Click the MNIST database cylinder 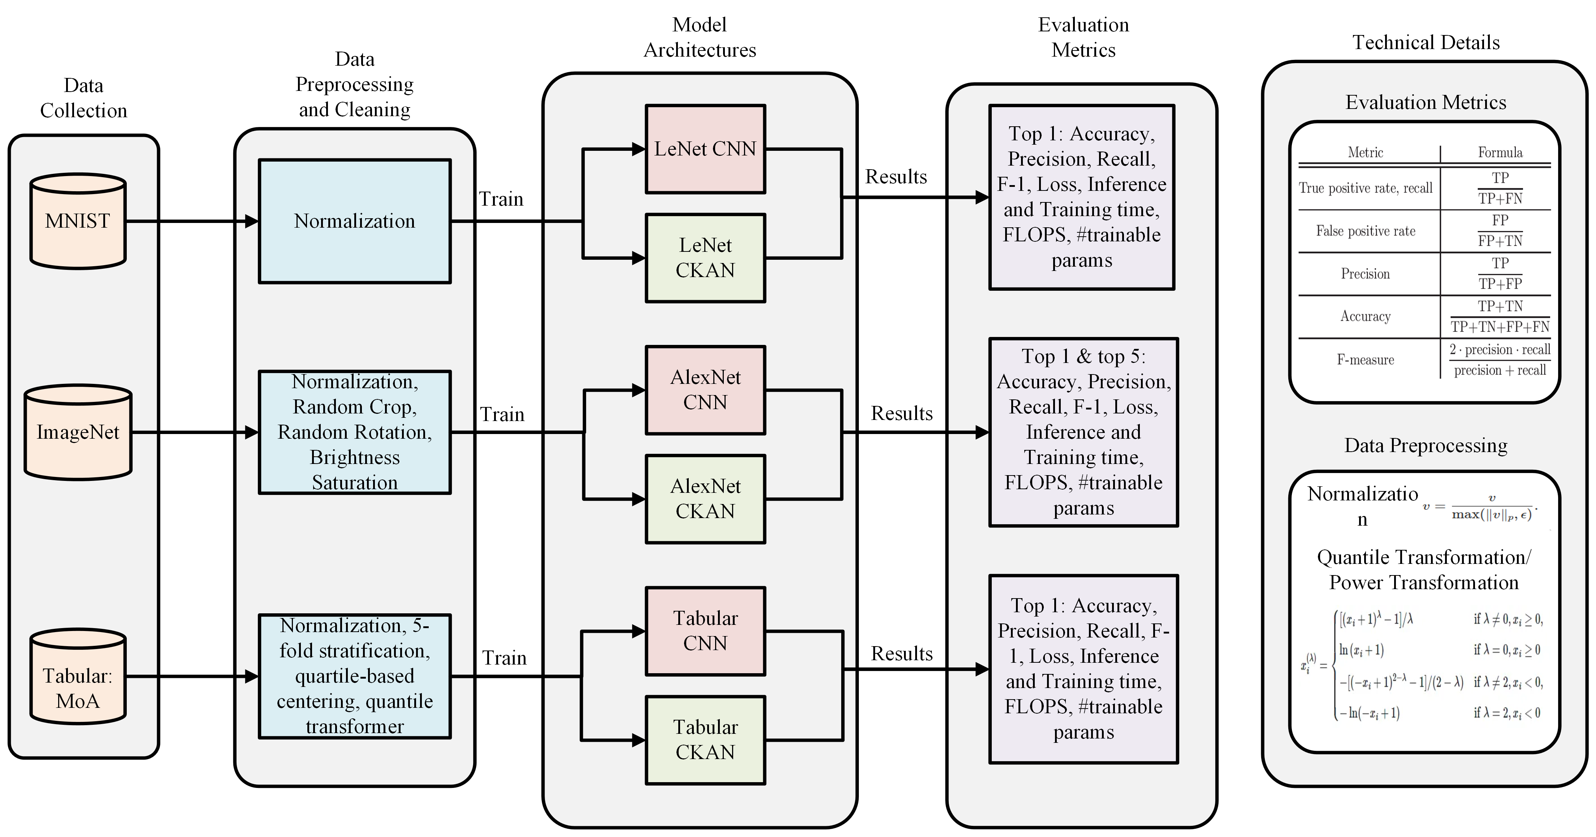pyautogui.click(x=78, y=221)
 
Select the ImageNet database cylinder pyautogui.click(x=78, y=432)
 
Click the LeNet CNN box pyautogui.click(x=705, y=149)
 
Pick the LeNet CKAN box pyautogui.click(x=705, y=258)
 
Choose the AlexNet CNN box pyautogui.click(x=705, y=390)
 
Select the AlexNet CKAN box pyautogui.click(x=705, y=499)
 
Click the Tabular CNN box pyautogui.click(x=705, y=631)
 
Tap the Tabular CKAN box pyautogui.click(x=705, y=740)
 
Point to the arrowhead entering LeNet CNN pyautogui.click(x=638, y=149)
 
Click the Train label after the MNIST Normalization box pyautogui.click(x=501, y=200)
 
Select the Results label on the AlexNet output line pyautogui.click(x=901, y=413)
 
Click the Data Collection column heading pyautogui.click(x=84, y=98)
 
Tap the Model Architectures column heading pyautogui.click(x=700, y=37)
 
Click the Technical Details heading pyautogui.click(x=1426, y=42)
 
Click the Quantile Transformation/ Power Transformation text pyautogui.click(x=1424, y=570)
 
